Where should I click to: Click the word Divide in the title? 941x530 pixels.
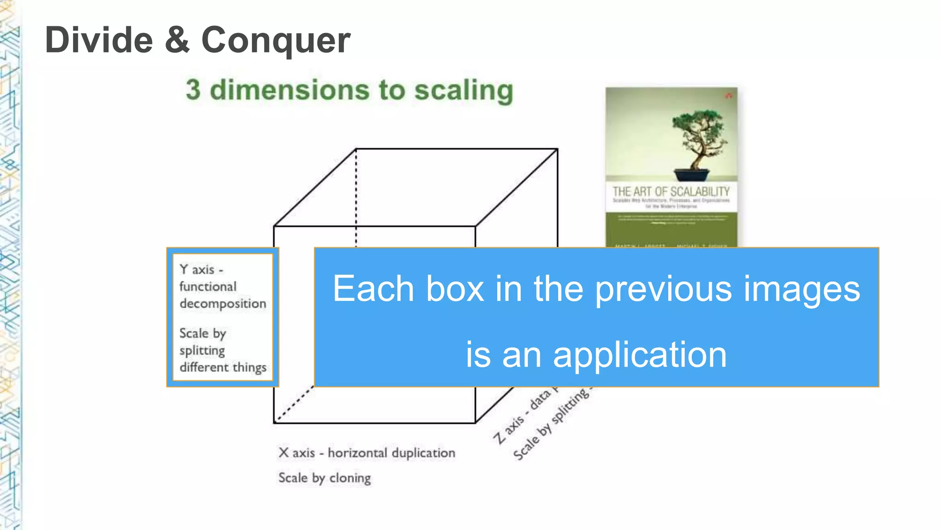pyautogui.click(x=99, y=40)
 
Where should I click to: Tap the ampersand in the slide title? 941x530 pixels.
pyautogui.click(x=177, y=40)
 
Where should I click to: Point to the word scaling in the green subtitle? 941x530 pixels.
pyautogui.click(x=464, y=90)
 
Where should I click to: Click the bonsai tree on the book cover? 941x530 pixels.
pyautogui.click(x=698, y=136)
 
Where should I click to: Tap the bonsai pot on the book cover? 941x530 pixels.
pyautogui.click(x=692, y=175)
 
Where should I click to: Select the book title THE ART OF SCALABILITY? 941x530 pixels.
pyautogui.click(x=671, y=191)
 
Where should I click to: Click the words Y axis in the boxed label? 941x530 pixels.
pyautogui.click(x=197, y=270)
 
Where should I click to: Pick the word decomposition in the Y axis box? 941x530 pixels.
pyautogui.click(x=223, y=304)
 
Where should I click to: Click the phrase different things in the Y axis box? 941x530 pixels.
pyautogui.click(x=223, y=367)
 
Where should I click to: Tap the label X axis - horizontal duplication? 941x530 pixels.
pyautogui.click(x=367, y=453)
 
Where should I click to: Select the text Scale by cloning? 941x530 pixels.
pyautogui.click(x=324, y=478)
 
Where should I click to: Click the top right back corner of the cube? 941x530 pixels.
pyautogui.click(x=557, y=149)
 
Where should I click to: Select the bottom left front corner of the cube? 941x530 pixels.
pyautogui.click(x=274, y=422)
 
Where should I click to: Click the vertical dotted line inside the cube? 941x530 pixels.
pyautogui.click(x=356, y=198)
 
